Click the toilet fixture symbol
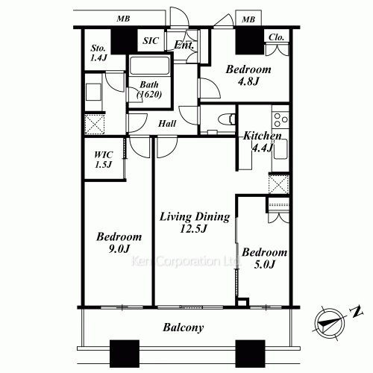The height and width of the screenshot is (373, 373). point(227,119)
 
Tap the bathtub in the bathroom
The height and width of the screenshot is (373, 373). point(149,66)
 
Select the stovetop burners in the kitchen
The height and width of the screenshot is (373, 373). point(280,119)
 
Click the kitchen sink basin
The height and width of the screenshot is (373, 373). point(280,148)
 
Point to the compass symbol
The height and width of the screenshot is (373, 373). point(330,323)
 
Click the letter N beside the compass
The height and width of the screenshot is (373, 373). point(357,312)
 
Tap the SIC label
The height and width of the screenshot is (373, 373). point(151,40)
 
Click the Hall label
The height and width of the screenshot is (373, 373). point(167,124)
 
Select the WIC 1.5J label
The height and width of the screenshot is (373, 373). point(103,160)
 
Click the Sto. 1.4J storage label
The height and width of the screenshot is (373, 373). point(98,53)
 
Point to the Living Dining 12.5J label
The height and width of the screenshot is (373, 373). point(195,222)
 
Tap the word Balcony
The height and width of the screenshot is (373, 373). point(184,327)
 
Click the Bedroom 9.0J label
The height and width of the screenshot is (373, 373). point(119,242)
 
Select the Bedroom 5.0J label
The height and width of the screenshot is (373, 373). point(265,258)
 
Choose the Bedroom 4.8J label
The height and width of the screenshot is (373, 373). point(248,75)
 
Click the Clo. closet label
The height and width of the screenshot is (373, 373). point(276,37)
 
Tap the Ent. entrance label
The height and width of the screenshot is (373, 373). point(184,45)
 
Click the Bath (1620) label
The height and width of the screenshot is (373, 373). point(149,90)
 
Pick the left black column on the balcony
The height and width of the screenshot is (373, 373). point(125,354)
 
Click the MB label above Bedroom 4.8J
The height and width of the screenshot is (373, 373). point(248,19)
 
